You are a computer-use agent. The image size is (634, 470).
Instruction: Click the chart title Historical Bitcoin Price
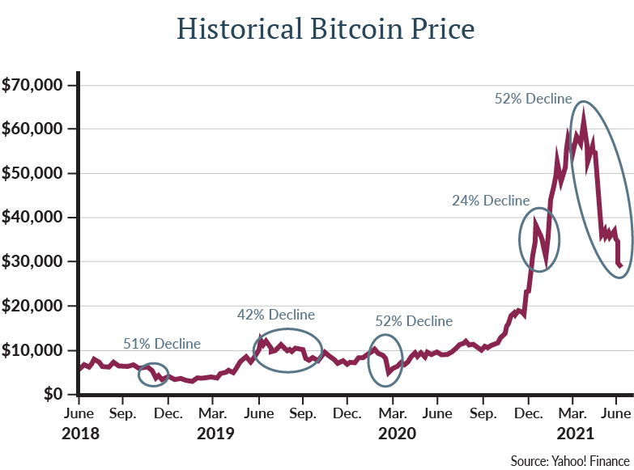click(x=326, y=30)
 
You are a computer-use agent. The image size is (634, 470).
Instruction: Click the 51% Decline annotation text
click(x=162, y=344)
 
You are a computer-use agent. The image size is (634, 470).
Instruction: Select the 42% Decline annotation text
click(x=275, y=314)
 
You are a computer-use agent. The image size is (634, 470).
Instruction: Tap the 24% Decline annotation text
click(x=491, y=201)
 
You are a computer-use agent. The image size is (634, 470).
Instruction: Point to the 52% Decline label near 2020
click(x=414, y=321)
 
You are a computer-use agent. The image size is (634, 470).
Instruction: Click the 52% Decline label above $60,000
click(x=534, y=98)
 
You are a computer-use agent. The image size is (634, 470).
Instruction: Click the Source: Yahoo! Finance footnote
click(x=569, y=460)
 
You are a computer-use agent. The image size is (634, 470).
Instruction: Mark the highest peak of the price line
click(x=583, y=108)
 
